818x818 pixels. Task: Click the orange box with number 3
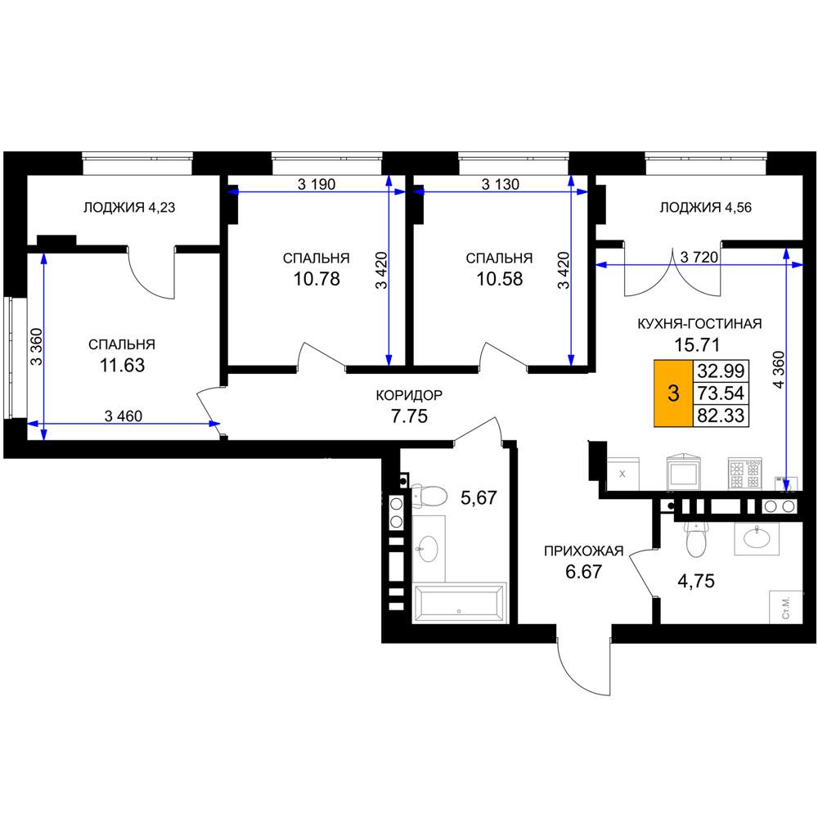point(673,393)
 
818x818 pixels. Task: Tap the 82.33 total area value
point(721,416)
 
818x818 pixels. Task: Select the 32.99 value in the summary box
point(721,371)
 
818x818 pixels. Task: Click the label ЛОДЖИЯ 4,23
point(129,208)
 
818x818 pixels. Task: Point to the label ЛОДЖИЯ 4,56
point(705,208)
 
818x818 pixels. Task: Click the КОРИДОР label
point(409,395)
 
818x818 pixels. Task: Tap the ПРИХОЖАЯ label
point(584,551)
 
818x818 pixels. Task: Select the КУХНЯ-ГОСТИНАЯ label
point(699,323)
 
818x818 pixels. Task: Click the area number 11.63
point(122,365)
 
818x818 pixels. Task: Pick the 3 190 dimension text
point(317,184)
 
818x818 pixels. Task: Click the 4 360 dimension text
point(779,370)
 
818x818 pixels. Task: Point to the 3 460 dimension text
point(124,416)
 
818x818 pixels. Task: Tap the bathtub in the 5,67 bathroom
point(459,603)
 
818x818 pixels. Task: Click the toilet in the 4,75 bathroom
point(695,538)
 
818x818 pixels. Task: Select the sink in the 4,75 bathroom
point(757,537)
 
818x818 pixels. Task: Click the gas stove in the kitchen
point(745,474)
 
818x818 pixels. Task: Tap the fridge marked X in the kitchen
point(622,474)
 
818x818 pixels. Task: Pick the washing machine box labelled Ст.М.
point(786,607)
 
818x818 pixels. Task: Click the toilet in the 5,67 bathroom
point(429,496)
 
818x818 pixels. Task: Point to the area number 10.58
point(499,279)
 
